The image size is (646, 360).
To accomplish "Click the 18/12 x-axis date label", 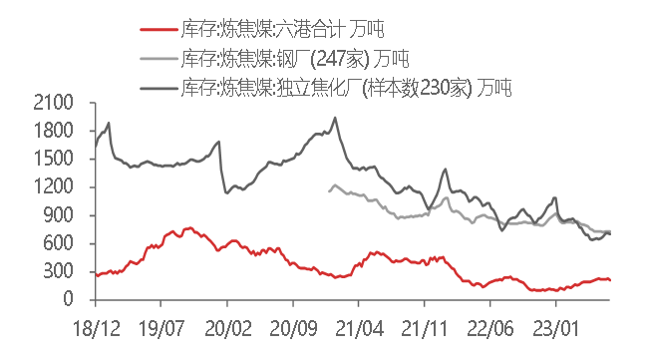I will (97, 326).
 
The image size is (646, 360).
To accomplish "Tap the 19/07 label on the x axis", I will (162, 326).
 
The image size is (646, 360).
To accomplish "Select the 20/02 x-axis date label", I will (228, 326).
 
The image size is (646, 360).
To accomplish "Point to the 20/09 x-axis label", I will (293, 326).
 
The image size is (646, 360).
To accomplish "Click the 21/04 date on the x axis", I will (359, 326).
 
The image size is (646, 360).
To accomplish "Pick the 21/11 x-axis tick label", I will (425, 326).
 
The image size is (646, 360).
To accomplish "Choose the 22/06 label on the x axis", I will (489, 326).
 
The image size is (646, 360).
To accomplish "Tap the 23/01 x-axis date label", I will (555, 326).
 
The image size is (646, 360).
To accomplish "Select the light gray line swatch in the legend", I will (158, 59).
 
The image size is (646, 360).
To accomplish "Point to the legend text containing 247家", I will (296, 59).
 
